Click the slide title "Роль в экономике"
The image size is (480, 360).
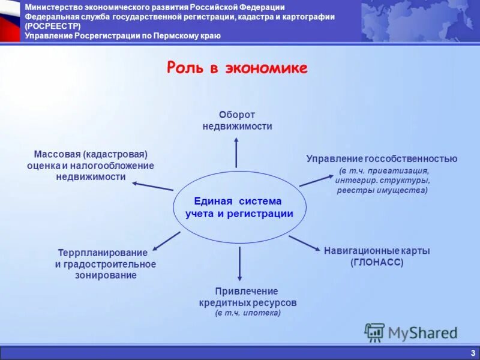tap(236, 68)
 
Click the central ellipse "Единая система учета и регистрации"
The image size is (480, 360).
tap(239, 207)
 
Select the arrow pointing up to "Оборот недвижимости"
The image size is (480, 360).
tap(236, 152)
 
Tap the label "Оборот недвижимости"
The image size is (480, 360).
tap(237, 120)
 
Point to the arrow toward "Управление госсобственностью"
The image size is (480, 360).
tap(316, 180)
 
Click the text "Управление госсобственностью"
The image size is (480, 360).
tap(382, 159)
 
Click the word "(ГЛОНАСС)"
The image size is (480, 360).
tap(377, 262)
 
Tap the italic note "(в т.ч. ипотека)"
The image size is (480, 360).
tap(248, 313)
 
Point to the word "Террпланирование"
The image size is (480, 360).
tap(103, 253)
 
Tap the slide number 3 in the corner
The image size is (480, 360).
tap(473, 353)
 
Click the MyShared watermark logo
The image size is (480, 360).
tap(411, 332)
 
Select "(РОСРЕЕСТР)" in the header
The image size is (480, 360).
tap(53, 26)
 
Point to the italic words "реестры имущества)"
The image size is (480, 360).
tap(382, 190)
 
